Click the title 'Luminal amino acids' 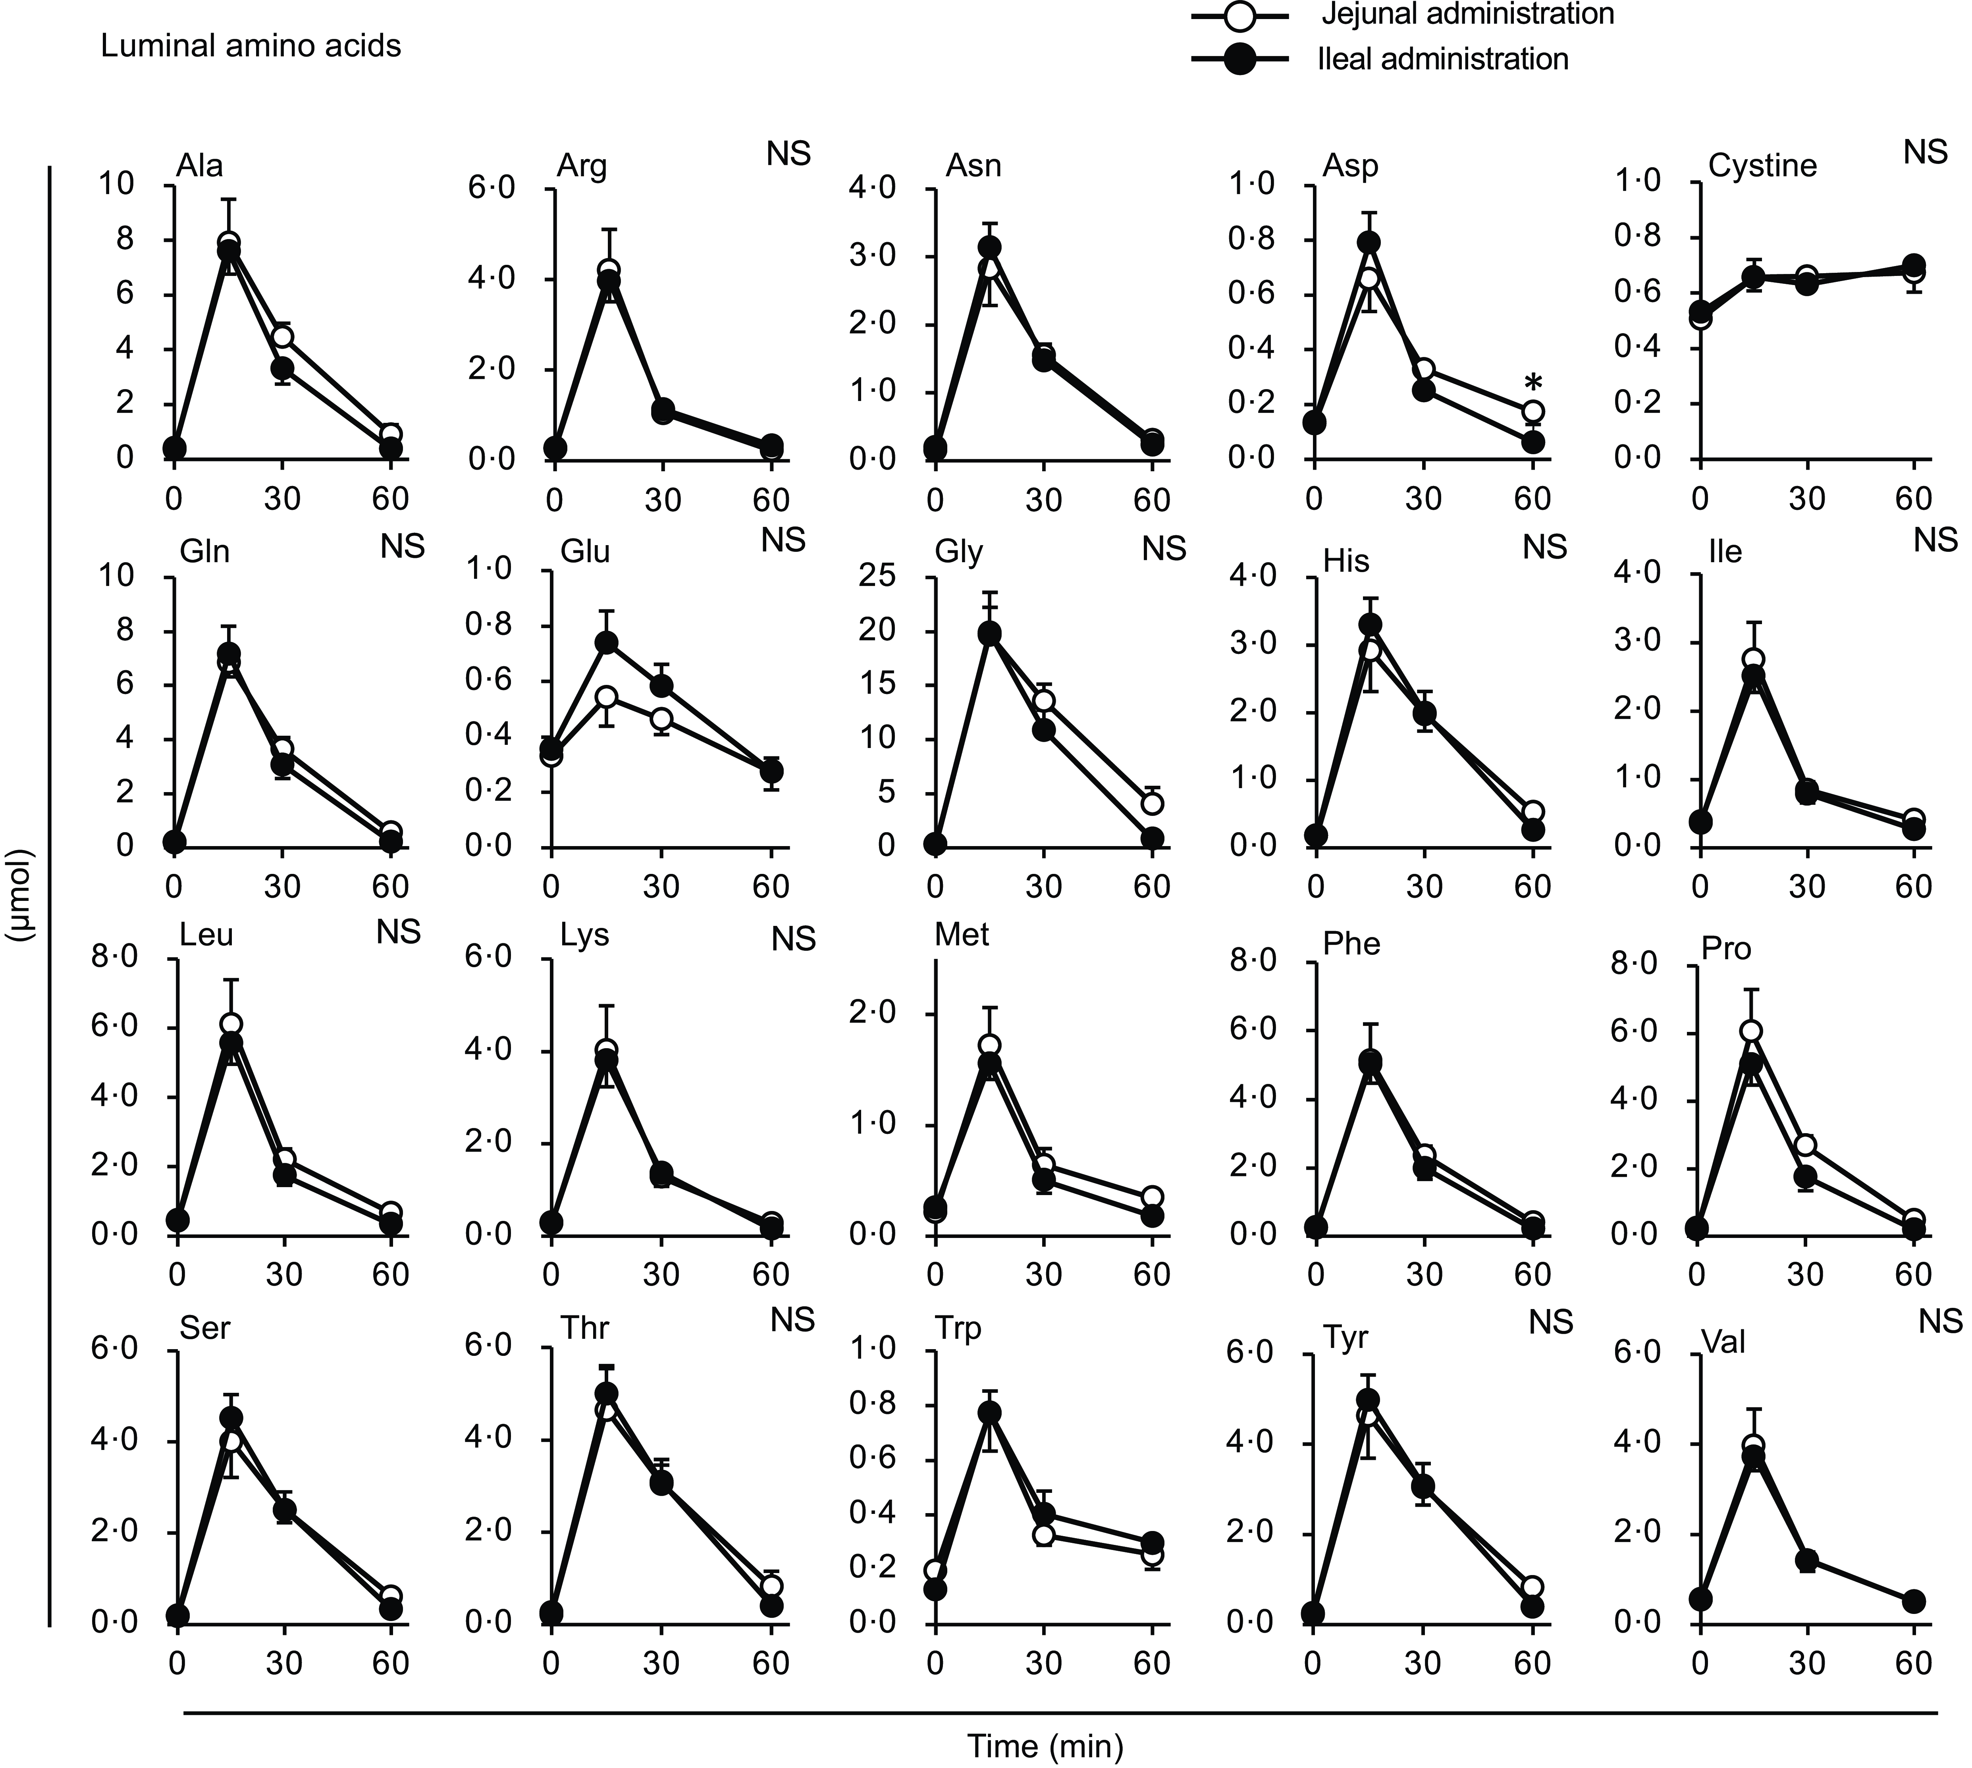click(251, 46)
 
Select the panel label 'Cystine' click(1762, 166)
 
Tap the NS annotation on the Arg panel click(788, 154)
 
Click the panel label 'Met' click(962, 935)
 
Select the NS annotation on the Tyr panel click(1550, 1322)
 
